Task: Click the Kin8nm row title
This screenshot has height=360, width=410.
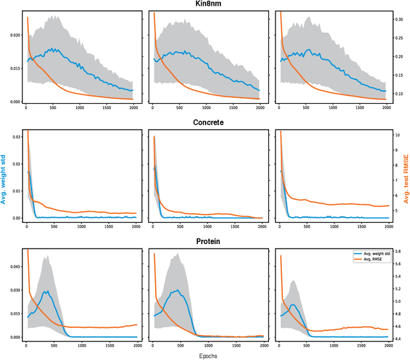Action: tap(204, 4)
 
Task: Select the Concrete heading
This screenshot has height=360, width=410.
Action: tap(204, 122)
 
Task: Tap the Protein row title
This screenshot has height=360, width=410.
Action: tap(204, 242)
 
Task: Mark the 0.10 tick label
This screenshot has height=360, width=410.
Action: tap(397, 94)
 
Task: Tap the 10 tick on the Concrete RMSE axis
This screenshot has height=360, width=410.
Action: tap(397, 135)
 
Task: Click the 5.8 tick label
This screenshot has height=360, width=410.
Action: tap(397, 252)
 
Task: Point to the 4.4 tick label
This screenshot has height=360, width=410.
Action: tap(397, 339)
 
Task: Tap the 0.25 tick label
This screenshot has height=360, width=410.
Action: tap(397, 38)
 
